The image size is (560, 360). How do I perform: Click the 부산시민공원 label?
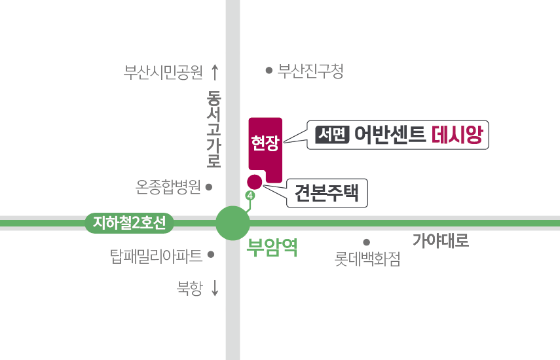(x=163, y=72)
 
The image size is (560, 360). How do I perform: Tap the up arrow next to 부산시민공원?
(x=215, y=72)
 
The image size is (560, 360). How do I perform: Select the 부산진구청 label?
(x=310, y=71)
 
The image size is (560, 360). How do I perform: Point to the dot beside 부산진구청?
(x=269, y=71)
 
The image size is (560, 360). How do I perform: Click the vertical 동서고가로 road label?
(x=214, y=129)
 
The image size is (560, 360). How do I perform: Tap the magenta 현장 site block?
(x=265, y=150)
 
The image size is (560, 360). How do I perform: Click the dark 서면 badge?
(x=332, y=135)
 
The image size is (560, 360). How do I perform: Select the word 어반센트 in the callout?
(x=390, y=135)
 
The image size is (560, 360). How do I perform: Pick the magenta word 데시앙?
(x=457, y=135)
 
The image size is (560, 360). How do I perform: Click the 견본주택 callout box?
(x=327, y=193)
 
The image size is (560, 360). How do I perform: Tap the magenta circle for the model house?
(x=255, y=181)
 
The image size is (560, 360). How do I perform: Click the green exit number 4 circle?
(x=250, y=196)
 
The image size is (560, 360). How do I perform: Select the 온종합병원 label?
(x=168, y=187)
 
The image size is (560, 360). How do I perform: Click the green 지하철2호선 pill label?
(x=129, y=223)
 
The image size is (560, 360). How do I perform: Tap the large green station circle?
(x=233, y=223)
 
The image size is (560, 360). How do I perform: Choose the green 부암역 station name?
(x=272, y=247)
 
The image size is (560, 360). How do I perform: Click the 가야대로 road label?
(x=440, y=240)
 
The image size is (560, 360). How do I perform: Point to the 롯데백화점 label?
(x=367, y=259)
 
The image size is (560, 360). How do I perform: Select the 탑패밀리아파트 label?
(x=156, y=256)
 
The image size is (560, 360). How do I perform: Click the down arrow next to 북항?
(x=215, y=288)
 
